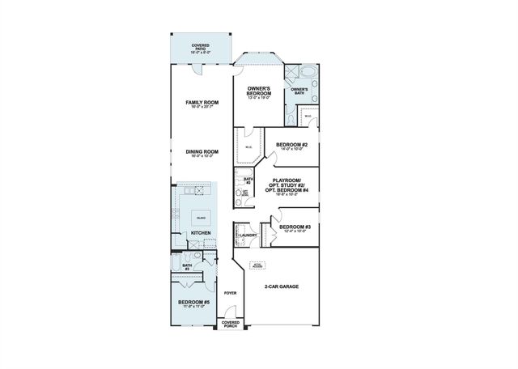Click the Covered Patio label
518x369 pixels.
(200, 48)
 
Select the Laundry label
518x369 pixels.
(248, 235)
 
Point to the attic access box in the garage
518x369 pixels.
(257, 265)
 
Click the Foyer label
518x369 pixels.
(231, 293)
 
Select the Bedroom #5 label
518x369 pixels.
(194, 303)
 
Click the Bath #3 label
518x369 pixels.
(187, 266)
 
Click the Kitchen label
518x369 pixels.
(200, 234)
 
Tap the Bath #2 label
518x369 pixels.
(248, 180)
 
